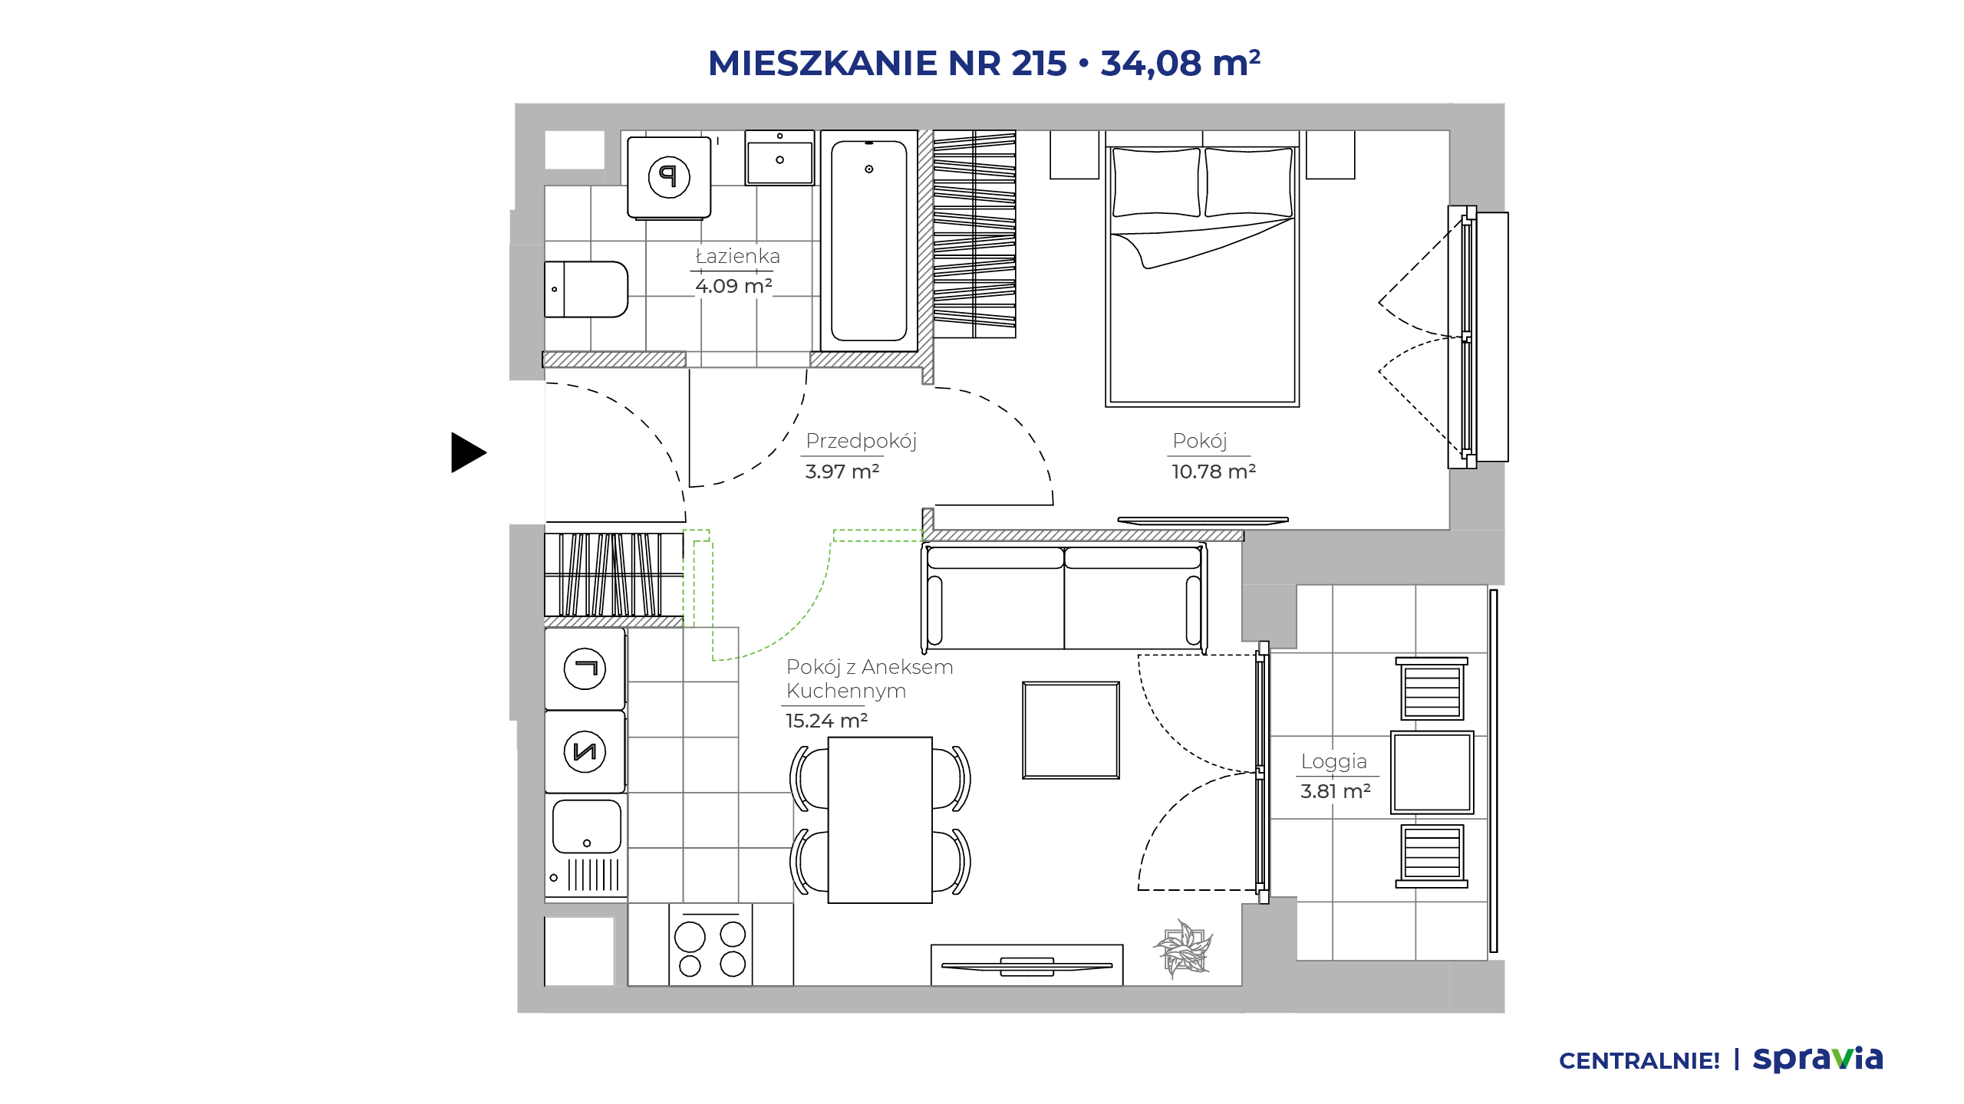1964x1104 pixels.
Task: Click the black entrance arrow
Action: click(468, 452)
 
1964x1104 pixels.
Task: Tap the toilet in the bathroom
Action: click(586, 289)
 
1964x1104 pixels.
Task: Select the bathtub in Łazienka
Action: click(869, 241)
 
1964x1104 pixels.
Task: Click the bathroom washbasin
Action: click(779, 158)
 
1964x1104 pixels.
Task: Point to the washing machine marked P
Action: click(669, 178)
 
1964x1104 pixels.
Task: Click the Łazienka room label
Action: click(737, 256)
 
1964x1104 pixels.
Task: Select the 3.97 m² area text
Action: click(842, 472)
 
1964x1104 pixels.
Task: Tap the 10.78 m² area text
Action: click(1213, 472)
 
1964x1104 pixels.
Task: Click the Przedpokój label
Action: click(861, 441)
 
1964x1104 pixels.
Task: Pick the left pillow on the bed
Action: click(1156, 182)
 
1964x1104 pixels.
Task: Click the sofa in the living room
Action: click(1064, 596)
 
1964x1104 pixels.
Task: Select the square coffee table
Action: click(1071, 730)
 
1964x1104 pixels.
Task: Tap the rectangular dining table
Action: click(880, 820)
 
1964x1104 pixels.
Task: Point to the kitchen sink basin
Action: click(587, 826)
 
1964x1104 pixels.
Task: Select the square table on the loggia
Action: click(1432, 772)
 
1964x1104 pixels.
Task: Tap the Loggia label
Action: click(1333, 761)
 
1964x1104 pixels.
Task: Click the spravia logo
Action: click(1817, 1060)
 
